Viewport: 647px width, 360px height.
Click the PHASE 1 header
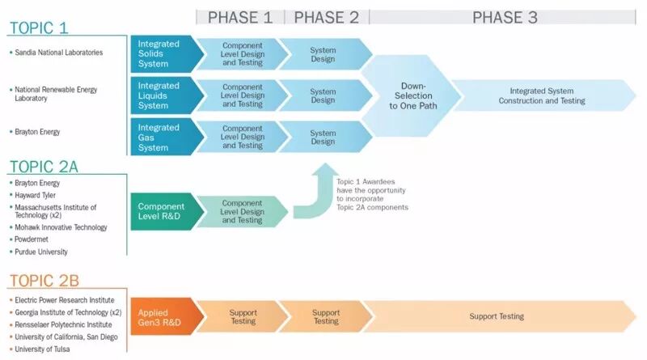click(x=240, y=17)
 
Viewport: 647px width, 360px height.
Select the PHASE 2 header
click(x=326, y=17)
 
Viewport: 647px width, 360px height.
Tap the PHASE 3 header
click(x=505, y=17)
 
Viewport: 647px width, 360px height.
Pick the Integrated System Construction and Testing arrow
click(x=542, y=95)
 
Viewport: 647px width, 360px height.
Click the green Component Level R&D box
click(x=161, y=212)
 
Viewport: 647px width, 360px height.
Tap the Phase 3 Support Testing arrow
click(x=497, y=316)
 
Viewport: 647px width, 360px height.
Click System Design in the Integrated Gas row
click(x=323, y=138)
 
